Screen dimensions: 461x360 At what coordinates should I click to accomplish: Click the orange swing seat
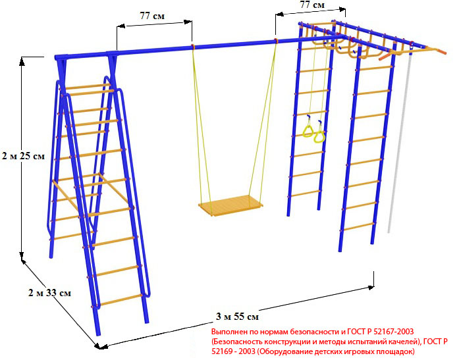coord(230,205)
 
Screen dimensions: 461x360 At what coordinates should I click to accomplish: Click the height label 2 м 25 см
coord(24,156)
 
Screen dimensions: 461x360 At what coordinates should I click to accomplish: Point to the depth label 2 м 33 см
coord(49,293)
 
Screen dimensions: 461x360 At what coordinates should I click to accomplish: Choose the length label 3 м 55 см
coord(237,317)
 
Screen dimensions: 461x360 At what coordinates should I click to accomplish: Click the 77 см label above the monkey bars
coord(312,5)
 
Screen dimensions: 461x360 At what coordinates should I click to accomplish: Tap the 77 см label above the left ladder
coord(152,16)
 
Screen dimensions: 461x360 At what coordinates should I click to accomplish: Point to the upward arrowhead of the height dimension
coord(22,61)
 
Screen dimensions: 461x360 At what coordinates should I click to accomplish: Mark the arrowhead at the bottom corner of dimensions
coord(100,346)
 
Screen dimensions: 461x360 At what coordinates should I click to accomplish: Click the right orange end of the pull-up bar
coord(442,51)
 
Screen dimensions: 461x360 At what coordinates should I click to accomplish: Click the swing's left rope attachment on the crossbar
coord(192,46)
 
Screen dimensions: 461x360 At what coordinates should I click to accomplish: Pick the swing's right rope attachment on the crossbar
coord(276,41)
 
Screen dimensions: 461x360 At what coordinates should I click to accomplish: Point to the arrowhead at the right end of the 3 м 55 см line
coord(370,287)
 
